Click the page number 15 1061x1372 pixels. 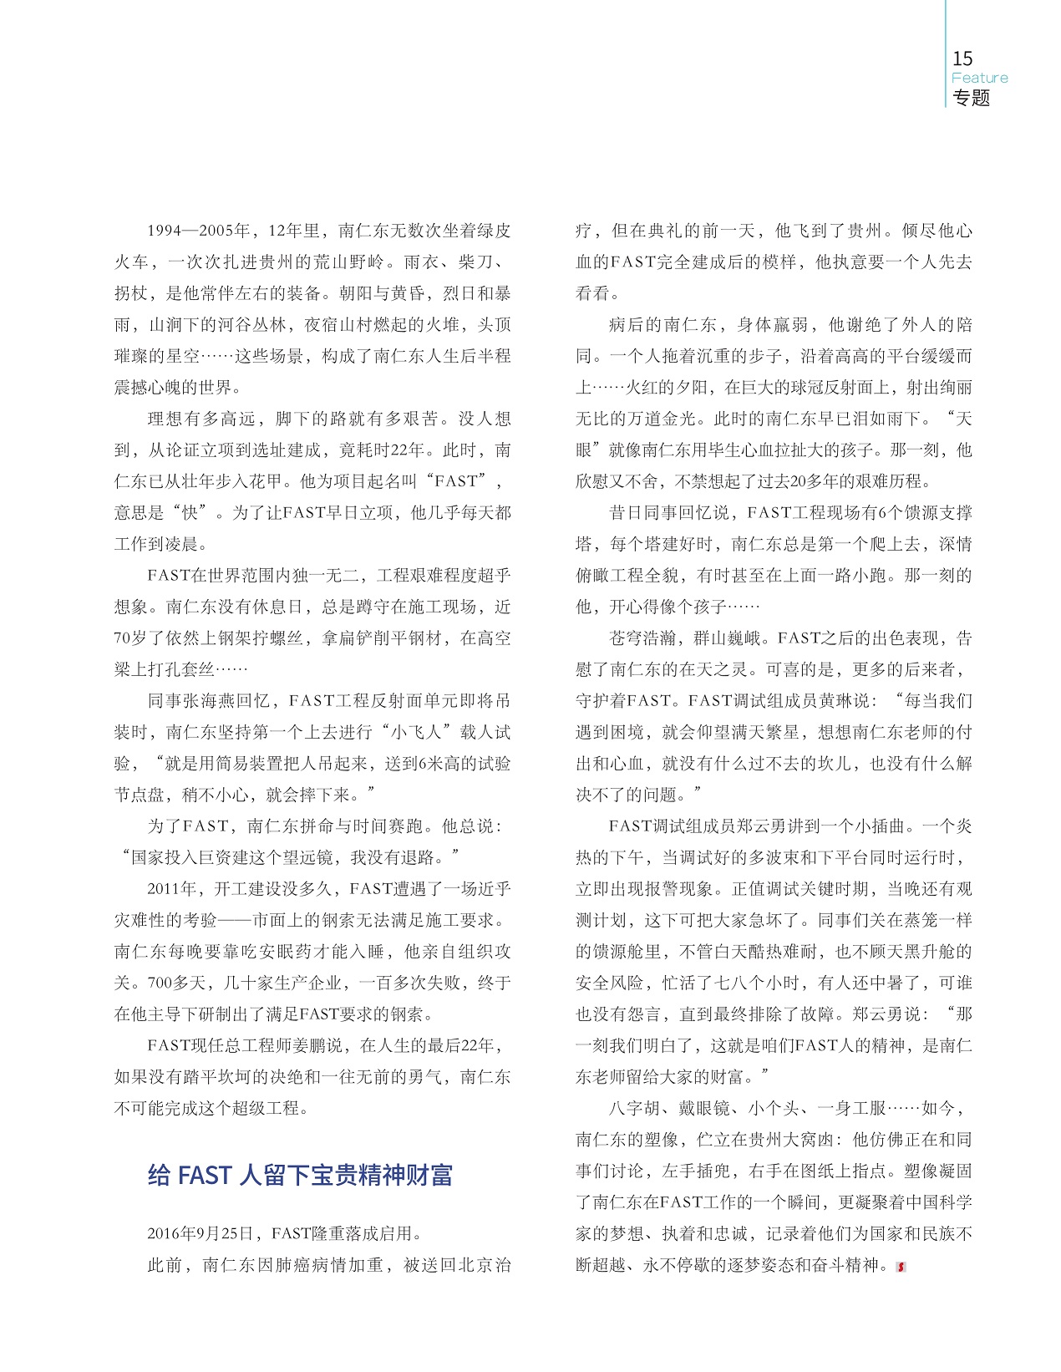962,58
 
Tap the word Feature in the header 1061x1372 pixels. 979,78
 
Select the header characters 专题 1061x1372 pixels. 972,98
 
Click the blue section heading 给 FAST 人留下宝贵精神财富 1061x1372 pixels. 300,1175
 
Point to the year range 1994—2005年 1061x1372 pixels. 199,231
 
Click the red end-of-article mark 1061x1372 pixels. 900,1266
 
